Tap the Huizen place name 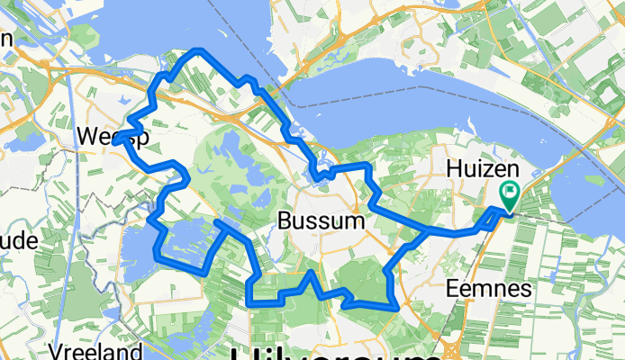point(473,168)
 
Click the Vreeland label point(96,351)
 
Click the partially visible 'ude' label point(18,241)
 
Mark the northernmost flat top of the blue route point(198,51)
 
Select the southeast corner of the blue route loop point(395,306)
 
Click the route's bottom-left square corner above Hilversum point(249,302)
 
